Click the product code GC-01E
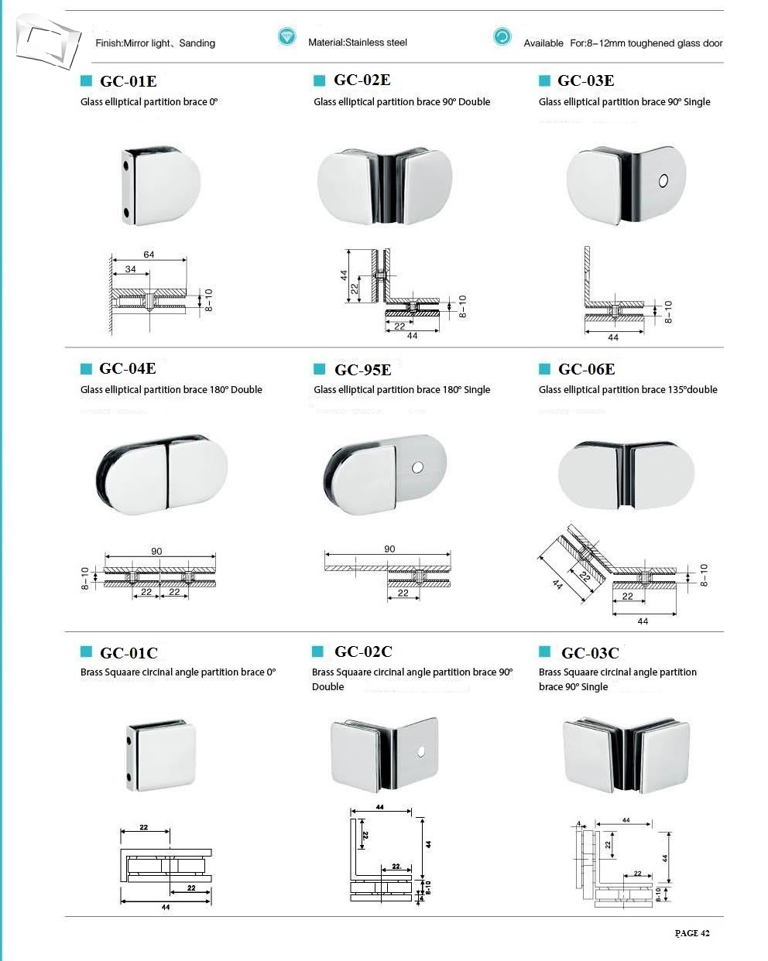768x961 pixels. tap(128, 81)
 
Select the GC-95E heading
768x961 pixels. tap(362, 370)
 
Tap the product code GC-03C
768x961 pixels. tap(590, 653)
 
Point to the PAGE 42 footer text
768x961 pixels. tap(691, 933)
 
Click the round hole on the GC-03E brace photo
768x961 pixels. tap(663, 181)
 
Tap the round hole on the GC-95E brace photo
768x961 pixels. tap(418, 468)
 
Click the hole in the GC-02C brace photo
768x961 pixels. tap(421, 751)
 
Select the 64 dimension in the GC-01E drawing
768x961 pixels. tap(149, 255)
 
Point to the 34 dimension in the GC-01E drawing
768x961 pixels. tap(130, 270)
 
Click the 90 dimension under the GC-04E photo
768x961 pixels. tap(156, 552)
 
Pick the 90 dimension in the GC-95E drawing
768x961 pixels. tap(389, 549)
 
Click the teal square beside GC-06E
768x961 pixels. tap(544, 369)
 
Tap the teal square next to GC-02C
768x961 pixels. tap(317, 651)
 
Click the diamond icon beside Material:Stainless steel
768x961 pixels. tap(286, 36)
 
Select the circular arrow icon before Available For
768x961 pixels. tap(502, 36)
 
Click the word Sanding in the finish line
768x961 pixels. tap(197, 43)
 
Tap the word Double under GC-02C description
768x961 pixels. tap(327, 687)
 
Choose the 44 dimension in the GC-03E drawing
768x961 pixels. tap(613, 338)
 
